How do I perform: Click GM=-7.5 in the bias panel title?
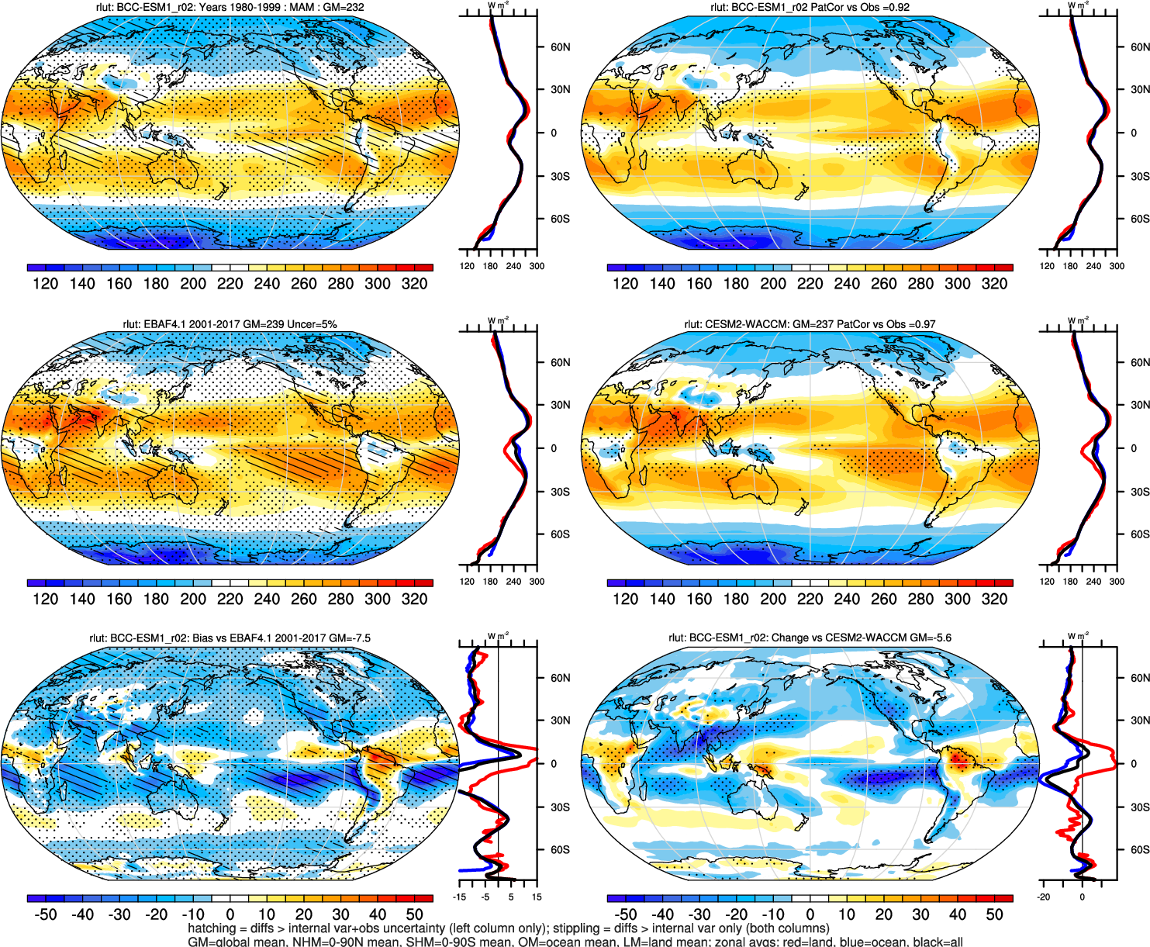[350, 638]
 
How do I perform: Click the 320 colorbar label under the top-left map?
[414, 284]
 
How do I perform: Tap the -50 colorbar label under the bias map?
[46, 914]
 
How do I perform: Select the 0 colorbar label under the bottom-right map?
[810, 914]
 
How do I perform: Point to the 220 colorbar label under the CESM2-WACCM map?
[810, 599]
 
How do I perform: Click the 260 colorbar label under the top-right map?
[883, 284]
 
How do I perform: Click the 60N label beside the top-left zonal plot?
[560, 47]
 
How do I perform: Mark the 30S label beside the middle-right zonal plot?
[1140, 492]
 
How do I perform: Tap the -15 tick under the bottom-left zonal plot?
[461, 897]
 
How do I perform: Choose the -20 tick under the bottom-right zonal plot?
[1044, 897]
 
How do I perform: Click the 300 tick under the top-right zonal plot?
[1117, 266]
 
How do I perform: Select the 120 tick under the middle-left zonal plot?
[467, 582]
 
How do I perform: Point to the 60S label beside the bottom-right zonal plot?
[1140, 850]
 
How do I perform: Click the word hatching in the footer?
[212, 928]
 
